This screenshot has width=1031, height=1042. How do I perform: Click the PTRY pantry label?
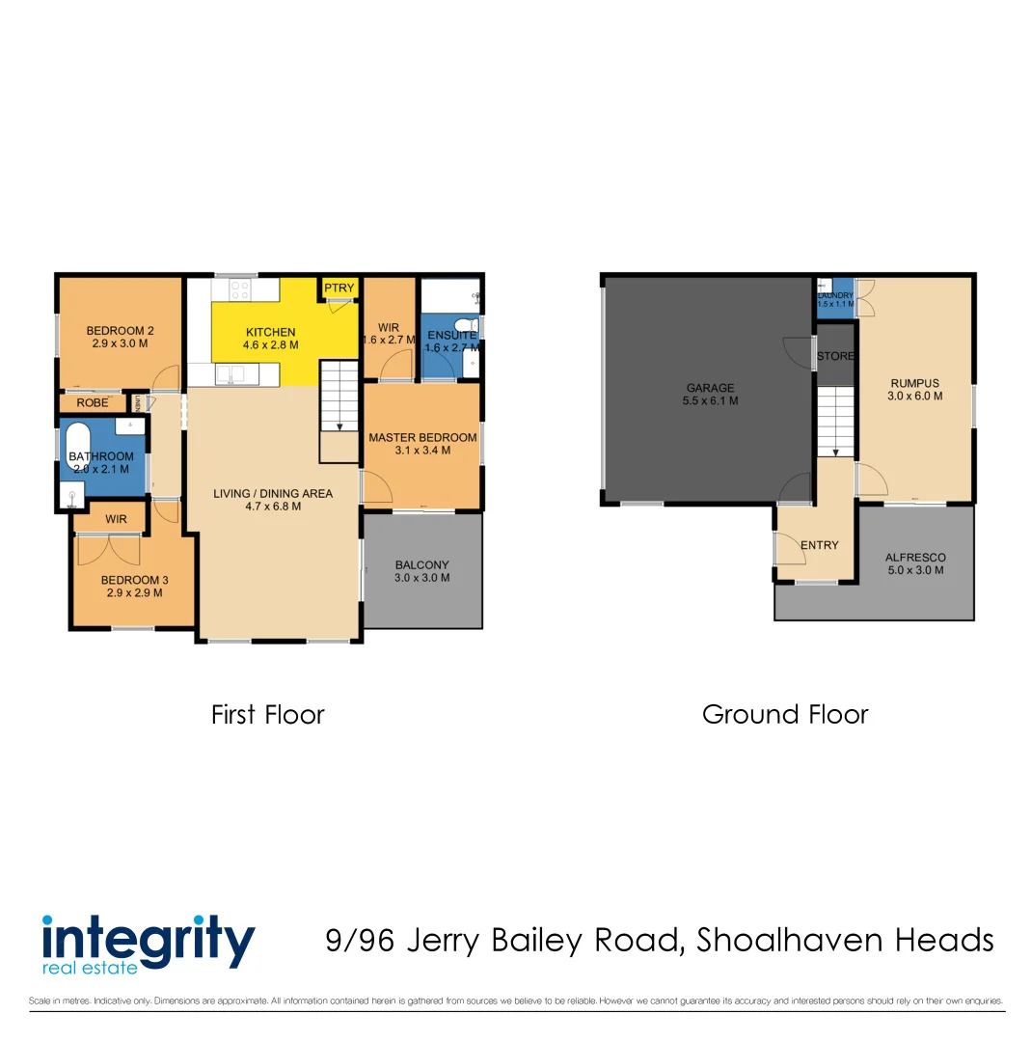tap(339, 288)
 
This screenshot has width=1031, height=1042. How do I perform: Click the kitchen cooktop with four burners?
tap(238, 288)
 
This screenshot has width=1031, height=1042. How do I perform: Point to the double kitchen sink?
tap(230, 372)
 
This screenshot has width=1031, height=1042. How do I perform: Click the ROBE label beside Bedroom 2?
tap(92, 403)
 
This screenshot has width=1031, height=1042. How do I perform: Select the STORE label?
tap(835, 356)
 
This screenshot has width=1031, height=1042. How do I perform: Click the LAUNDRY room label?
tap(835, 295)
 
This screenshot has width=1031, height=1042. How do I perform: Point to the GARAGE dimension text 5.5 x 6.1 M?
tap(710, 400)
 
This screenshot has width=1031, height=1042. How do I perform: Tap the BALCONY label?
tap(422, 565)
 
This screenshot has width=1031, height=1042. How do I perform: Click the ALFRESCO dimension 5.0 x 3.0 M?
tap(914, 570)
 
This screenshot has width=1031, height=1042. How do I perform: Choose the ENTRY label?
tap(819, 545)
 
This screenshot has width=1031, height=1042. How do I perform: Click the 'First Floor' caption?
tap(268, 715)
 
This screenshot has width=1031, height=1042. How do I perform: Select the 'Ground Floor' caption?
tap(785, 715)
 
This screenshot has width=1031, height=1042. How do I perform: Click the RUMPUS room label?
tap(914, 382)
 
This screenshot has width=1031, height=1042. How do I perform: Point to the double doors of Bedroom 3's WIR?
tap(109, 551)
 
